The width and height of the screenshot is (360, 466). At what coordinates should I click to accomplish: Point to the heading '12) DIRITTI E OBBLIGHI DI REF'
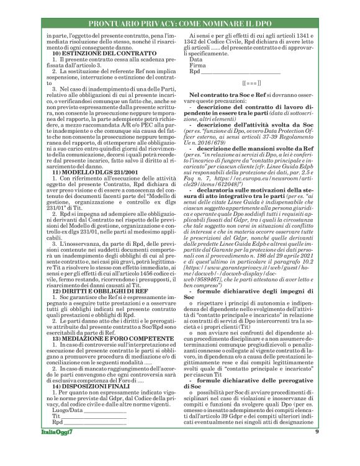pos(96,290)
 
